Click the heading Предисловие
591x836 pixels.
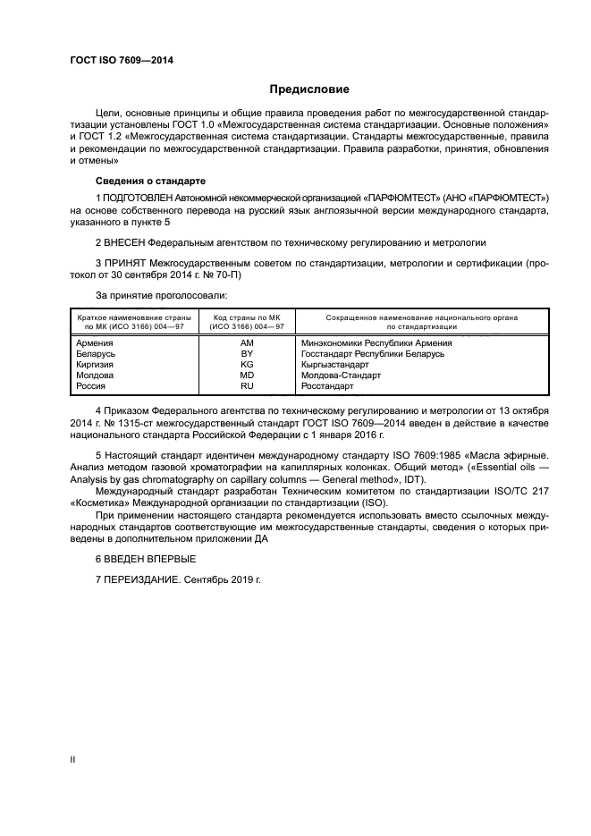[x=310, y=89]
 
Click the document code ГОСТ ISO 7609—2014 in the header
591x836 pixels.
[x=121, y=61]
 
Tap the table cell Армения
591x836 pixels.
[x=95, y=342]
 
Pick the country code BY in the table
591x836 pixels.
[x=247, y=353]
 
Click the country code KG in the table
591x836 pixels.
[x=247, y=364]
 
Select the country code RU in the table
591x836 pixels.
[x=247, y=385]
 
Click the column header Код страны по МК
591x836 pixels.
[x=247, y=317]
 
